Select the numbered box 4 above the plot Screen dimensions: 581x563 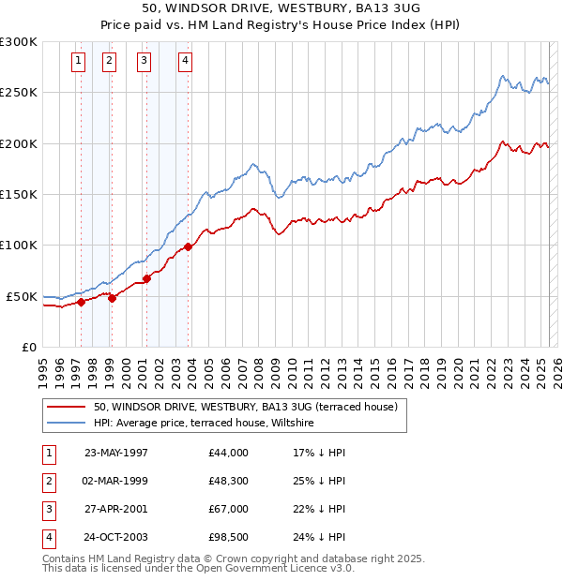pos(186,62)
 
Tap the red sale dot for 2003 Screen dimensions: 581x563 pos(189,246)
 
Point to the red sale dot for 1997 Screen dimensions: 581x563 pos(82,302)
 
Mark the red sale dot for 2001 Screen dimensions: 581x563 pos(147,278)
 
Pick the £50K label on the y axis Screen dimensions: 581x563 pos(23,296)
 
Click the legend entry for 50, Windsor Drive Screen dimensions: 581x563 pos(246,407)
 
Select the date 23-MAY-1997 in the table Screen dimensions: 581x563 pos(116,453)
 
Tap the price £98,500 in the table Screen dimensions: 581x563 pos(229,538)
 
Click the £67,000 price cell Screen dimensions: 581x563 pos(229,509)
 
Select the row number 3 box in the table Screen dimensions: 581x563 pos(48,509)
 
